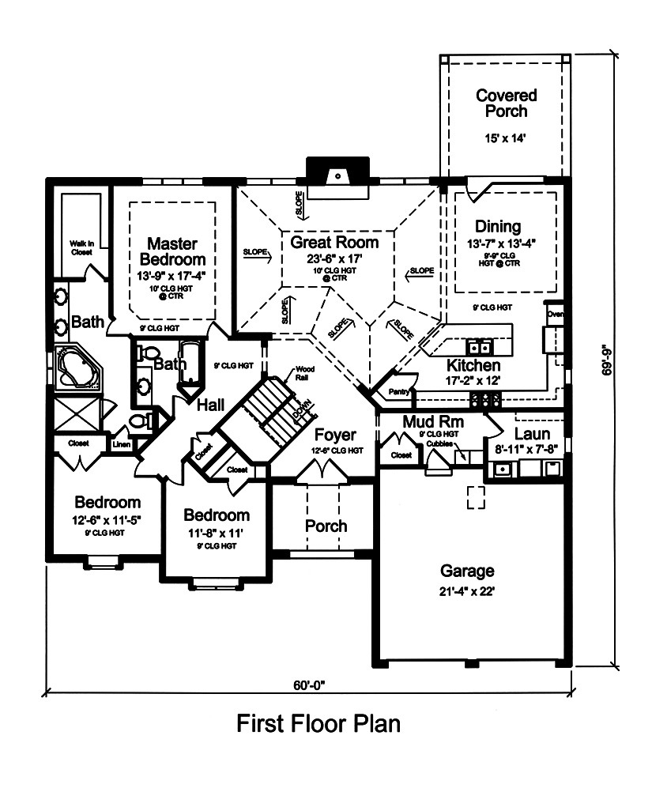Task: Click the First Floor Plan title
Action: (318, 723)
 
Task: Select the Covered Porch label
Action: (506, 103)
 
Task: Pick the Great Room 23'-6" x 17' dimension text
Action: (334, 258)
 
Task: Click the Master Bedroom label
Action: (171, 251)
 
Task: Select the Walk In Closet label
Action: (80, 248)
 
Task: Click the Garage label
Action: (467, 570)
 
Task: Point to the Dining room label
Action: (498, 226)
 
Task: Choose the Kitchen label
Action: (473, 365)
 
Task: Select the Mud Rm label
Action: (432, 421)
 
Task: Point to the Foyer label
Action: (335, 435)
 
